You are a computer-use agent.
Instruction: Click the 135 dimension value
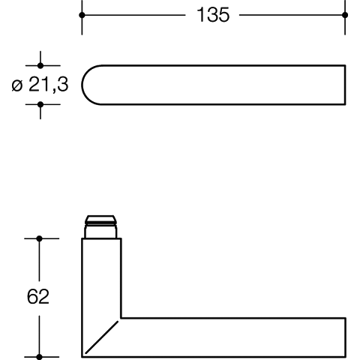tap(213, 15)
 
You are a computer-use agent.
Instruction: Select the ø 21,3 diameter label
tap(40, 85)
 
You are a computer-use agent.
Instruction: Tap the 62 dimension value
tap(38, 296)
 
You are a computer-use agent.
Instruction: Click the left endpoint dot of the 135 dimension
tap(82, 15)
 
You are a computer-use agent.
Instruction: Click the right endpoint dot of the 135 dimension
tap(345, 15)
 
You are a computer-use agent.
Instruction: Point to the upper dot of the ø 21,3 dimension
tap(40, 65)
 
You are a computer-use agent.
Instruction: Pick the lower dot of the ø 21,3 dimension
tap(40, 104)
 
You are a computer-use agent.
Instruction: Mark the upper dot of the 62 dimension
tap(39, 238)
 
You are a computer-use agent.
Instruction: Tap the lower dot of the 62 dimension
tap(39, 357)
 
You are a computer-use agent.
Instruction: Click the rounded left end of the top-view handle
tap(82, 85)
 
